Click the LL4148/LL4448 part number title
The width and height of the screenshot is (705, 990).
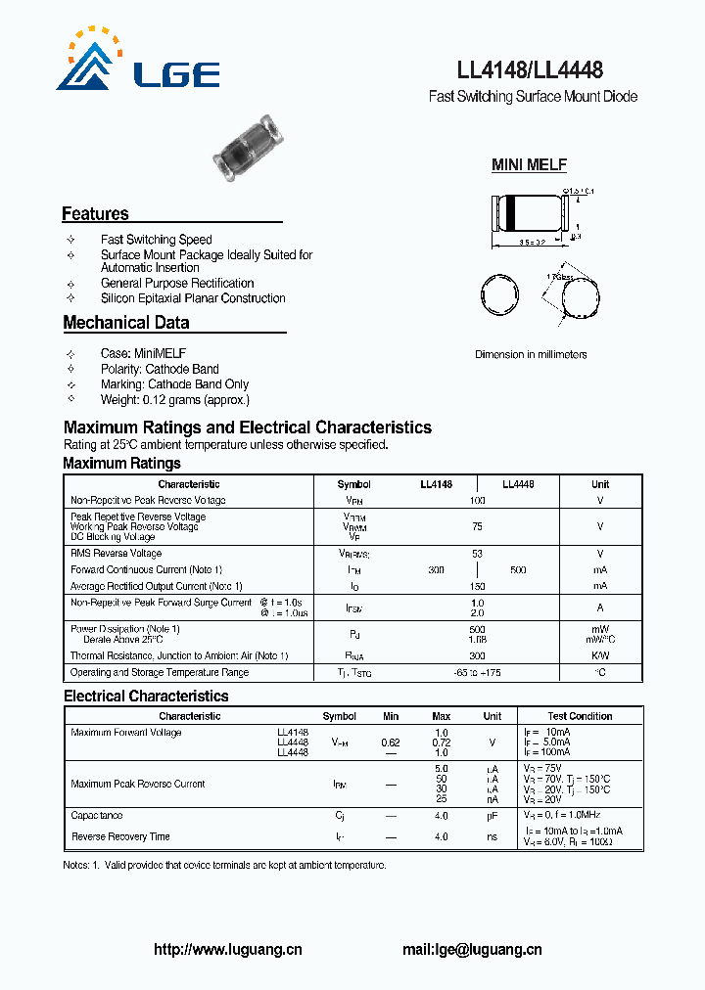(x=530, y=70)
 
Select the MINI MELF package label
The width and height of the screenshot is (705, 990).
(x=529, y=165)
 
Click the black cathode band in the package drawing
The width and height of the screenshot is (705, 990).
(x=509, y=214)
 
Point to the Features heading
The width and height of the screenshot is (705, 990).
(x=95, y=214)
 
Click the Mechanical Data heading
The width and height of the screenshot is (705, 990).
(x=126, y=323)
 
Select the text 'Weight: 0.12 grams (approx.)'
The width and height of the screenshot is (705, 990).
(x=175, y=400)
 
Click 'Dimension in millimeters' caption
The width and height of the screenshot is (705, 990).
(x=531, y=354)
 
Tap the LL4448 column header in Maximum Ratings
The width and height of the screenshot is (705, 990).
(x=518, y=484)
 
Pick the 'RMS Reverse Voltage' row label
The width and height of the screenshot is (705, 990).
(x=116, y=554)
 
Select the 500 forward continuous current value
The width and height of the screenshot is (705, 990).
(x=518, y=570)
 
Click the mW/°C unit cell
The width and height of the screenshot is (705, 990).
(x=600, y=639)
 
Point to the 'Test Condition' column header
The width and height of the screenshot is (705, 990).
(x=580, y=716)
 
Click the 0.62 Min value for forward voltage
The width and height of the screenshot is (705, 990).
(x=391, y=742)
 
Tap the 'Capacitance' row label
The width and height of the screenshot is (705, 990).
(x=97, y=815)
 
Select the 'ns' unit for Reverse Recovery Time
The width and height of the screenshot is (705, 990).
(x=493, y=836)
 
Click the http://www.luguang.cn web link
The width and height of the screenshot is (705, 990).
(x=228, y=949)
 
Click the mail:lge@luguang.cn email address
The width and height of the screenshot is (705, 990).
(x=472, y=949)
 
